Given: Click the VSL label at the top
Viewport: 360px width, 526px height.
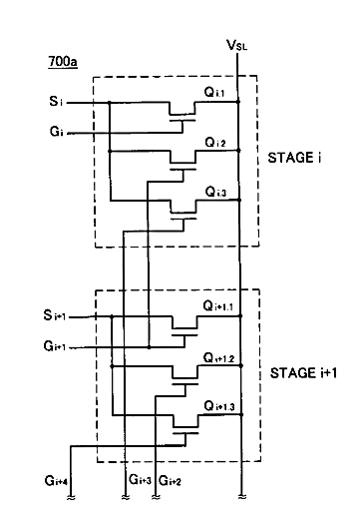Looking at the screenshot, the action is (236, 45).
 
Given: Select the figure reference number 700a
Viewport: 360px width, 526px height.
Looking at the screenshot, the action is (63, 62).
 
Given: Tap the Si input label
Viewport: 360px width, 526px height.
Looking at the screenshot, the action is (56, 101).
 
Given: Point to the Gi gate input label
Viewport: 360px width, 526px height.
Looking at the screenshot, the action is (56, 132).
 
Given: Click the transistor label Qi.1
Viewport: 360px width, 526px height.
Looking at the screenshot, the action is (214, 92).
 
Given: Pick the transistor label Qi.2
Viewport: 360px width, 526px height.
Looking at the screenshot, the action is (214, 143).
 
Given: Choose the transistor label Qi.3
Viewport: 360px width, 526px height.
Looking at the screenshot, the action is (215, 192).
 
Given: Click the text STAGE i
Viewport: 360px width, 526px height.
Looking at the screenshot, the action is (294, 158).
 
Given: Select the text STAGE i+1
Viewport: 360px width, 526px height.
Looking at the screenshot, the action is (303, 373).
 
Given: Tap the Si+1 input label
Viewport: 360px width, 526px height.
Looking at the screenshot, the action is (55, 315).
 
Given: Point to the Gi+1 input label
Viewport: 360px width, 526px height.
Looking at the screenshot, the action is (54, 346).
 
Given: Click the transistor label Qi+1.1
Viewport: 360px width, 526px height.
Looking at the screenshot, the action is (217, 306).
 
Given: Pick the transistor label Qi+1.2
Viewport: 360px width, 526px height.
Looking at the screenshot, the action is (218, 358).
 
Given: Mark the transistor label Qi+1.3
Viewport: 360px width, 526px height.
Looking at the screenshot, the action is (219, 406).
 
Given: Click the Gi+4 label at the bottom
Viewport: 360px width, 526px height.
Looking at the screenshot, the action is (56, 481).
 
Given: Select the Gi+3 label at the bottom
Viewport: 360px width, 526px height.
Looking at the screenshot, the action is (141, 479).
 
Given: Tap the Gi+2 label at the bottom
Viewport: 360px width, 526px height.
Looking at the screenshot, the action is (170, 481).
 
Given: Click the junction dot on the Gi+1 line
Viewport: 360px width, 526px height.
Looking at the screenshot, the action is (150, 347).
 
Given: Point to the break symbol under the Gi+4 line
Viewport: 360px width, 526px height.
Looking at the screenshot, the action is (71, 498).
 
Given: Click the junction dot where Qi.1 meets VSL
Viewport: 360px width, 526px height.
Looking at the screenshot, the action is (238, 102).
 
